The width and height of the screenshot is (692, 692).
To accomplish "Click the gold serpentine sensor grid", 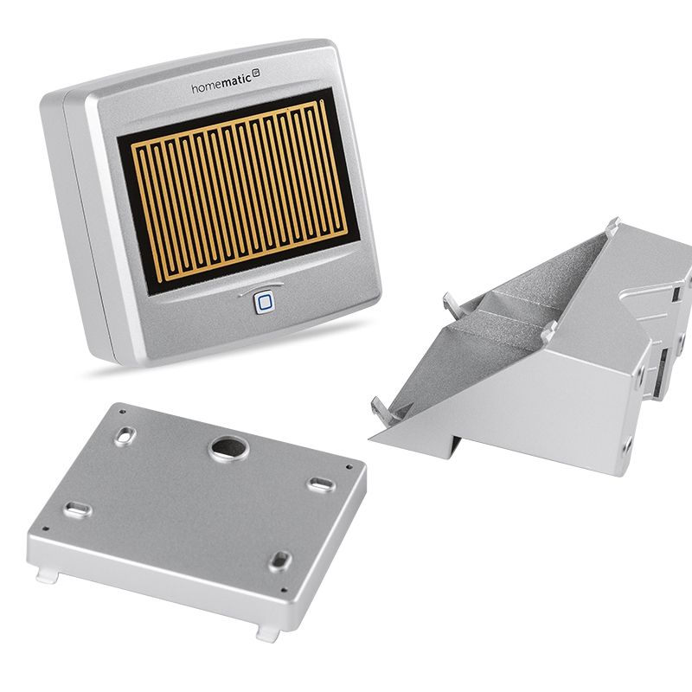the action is pos(239,189).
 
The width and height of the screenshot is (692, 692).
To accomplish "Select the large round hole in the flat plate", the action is pos(228,448).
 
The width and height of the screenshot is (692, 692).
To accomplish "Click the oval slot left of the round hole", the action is pos(125,436).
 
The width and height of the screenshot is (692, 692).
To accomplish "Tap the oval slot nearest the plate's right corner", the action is pos(321,484).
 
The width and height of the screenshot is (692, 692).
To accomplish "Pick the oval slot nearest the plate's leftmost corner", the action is pos(78,509).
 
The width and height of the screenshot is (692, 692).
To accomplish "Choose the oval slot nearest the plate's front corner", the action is pos(280,561).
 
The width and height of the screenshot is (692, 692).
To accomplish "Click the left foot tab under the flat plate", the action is pos(47,576).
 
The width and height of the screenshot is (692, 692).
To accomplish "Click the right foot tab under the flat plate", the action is pos(267,634).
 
